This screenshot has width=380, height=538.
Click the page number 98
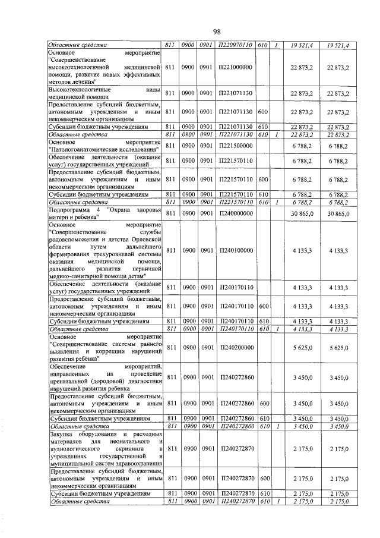[217, 31]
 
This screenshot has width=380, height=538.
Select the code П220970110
[236, 45]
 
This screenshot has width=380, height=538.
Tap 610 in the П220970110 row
[264, 45]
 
